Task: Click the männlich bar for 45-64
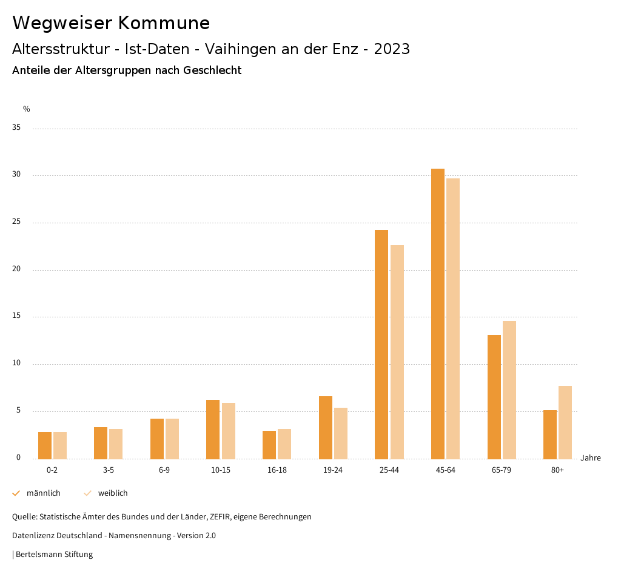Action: pos(438,314)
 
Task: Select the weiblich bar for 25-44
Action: pos(397,352)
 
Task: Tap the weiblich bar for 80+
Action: pos(565,422)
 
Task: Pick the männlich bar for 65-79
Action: pos(494,397)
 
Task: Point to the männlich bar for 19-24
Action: pos(326,428)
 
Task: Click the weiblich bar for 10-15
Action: pos(229,431)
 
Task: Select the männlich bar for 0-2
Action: pos(45,445)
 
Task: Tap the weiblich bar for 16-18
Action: pos(284,444)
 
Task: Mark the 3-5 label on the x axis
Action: pos(108,470)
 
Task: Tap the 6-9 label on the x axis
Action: pos(164,470)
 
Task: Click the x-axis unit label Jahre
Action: pos(591,458)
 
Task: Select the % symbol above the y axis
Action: pos(27,109)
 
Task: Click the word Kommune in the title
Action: pos(164,23)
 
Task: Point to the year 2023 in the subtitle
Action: pos(392,49)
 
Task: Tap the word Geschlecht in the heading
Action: pos(212,70)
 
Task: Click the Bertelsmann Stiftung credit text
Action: pos(54,555)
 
